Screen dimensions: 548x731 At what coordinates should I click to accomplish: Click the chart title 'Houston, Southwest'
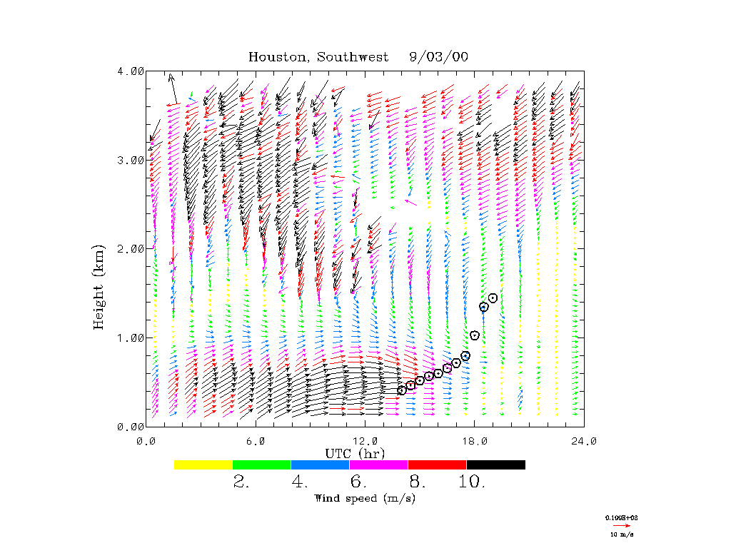pos(318,57)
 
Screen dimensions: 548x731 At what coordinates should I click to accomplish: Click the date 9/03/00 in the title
pos(439,57)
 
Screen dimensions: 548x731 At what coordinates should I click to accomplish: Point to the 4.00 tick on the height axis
pos(131,71)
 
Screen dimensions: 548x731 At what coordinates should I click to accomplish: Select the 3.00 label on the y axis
pos(131,160)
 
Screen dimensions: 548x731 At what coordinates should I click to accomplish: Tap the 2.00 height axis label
pos(131,248)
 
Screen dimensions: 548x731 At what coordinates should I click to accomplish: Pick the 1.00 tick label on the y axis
pos(131,338)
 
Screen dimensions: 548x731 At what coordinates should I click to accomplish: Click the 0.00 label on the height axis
pos(131,426)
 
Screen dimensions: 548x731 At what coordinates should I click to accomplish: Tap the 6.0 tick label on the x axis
pos(255,442)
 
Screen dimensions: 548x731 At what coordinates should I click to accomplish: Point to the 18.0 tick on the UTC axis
pos(475,442)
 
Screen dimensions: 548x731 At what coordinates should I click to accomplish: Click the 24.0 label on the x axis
pos(584,442)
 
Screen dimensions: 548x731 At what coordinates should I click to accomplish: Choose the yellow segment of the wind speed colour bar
pos(203,465)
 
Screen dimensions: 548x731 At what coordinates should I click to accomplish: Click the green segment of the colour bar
pos(262,465)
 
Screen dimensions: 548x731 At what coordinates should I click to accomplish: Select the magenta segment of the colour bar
pos(378,465)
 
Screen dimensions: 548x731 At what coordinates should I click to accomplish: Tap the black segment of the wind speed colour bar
pos(495,465)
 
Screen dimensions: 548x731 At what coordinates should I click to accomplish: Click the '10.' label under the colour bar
pos(471,482)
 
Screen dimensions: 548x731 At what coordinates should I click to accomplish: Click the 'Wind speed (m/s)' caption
pos(364,498)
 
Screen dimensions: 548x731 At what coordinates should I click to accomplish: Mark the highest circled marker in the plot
pos(493,298)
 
